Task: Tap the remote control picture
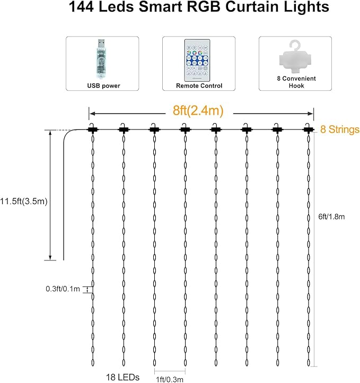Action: pyautogui.click(x=197, y=60)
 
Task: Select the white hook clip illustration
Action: pyautogui.click(x=295, y=57)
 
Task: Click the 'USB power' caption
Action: pyautogui.click(x=103, y=86)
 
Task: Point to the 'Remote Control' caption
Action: pyautogui.click(x=199, y=86)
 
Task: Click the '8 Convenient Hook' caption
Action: pyautogui.click(x=296, y=82)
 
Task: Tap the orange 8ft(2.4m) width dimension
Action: pyautogui.click(x=198, y=110)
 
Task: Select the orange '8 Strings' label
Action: pyautogui.click(x=340, y=129)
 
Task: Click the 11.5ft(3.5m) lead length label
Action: pyautogui.click(x=24, y=201)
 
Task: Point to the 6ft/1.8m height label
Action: pyautogui.click(x=331, y=216)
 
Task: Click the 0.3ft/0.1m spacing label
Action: pyautogui.click(x=63, y=289)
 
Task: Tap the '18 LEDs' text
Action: pyautogui.click(x=122, y=377)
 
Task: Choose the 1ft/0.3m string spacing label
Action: pyautogui.click(x=170, y=379)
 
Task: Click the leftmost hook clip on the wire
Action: pyautogui.click(x=93, y=128)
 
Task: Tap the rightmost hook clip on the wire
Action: pyautogui.click(x=308, y=128)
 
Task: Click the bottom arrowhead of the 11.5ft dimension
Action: pyautogui.click(x=50, y=257)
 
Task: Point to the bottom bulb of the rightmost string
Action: pyautogui.click(x=309, y=362)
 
